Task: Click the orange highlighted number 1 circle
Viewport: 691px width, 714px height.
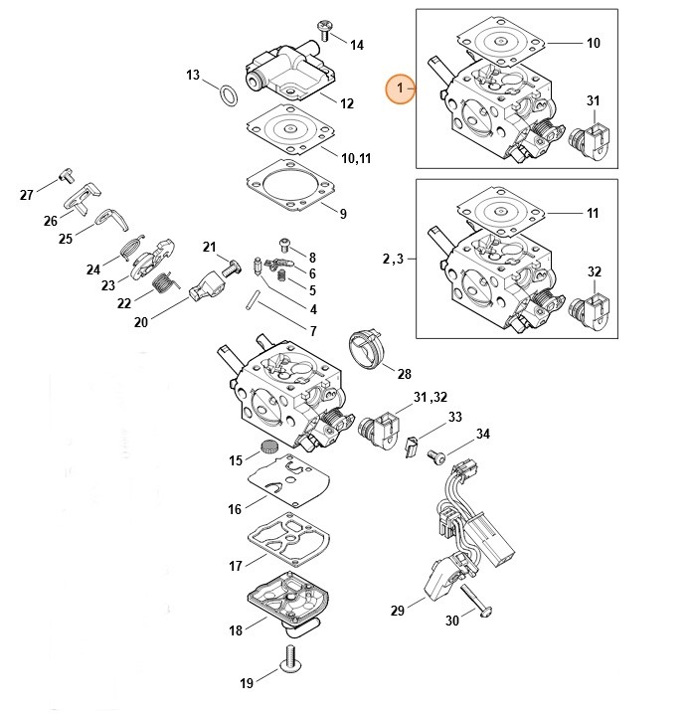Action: pos(401,89)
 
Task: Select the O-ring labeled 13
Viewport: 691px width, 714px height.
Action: pos(230,94)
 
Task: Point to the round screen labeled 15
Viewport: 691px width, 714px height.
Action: pos(265,446)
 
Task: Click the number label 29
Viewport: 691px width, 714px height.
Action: pos(398,610)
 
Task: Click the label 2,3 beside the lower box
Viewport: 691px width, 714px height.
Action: pos(392,259)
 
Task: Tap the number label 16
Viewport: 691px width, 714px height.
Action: pos(236,509)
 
